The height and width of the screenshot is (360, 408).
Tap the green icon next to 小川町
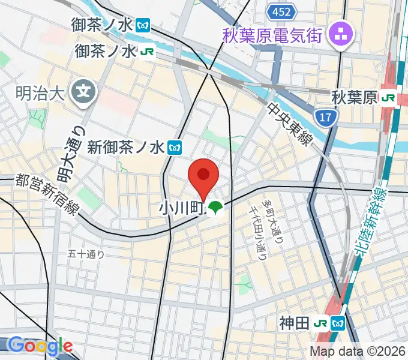tap(215, 208)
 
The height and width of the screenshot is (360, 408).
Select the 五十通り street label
tap(86, 254)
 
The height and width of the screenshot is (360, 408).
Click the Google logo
tap(40, 345)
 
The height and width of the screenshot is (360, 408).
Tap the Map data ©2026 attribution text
tap(358, 352)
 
